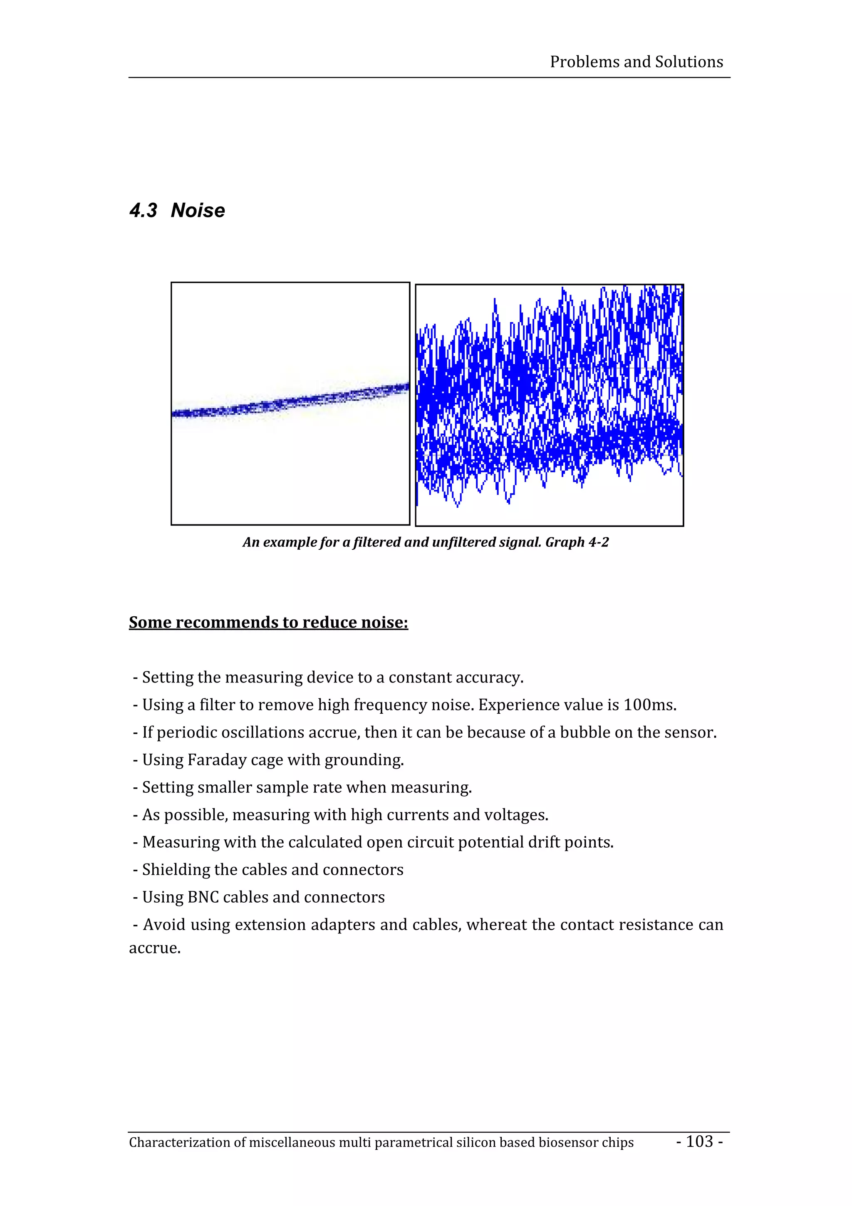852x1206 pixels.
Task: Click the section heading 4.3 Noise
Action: (177, 211)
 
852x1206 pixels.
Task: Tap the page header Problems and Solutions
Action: (636, 62)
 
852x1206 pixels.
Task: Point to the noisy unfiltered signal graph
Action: (549, 404)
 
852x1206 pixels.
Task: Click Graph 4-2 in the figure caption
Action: (577, 542)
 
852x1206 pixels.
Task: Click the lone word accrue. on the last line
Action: (155, 948)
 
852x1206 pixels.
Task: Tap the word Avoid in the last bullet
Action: (164, 924)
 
